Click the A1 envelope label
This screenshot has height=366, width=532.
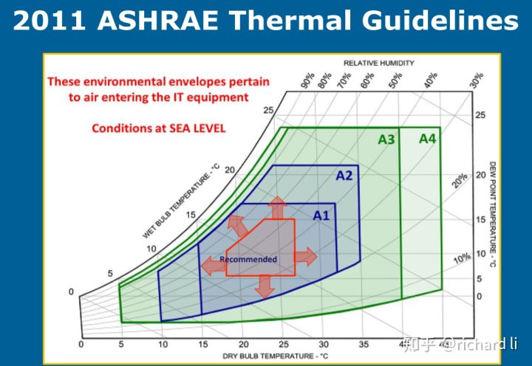point(321,215)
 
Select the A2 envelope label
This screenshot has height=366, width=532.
point(344,176)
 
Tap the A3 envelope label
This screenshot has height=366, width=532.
point(386,139)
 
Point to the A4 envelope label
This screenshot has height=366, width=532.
point(428,138)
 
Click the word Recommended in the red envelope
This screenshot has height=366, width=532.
point(248,259)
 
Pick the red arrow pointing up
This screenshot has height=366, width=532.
point(278,207)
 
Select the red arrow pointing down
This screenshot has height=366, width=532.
point(265,286)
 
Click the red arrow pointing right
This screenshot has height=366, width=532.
point(306,257)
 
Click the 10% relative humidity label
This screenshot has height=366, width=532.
point(462,259)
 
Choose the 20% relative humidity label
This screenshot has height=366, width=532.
point(460,181)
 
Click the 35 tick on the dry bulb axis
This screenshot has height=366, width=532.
point(363,345)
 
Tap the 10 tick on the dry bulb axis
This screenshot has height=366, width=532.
point(162,345)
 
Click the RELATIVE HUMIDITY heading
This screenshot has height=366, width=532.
point(379,63)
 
